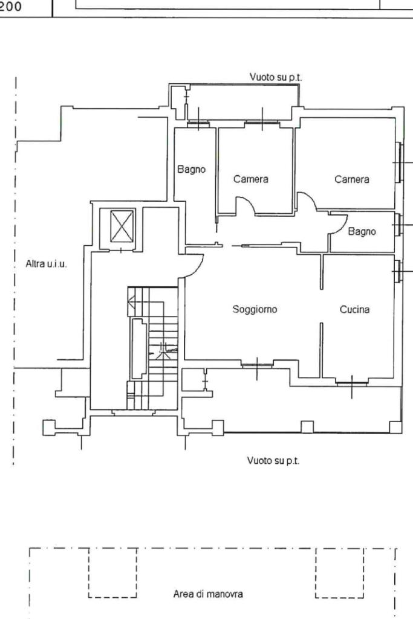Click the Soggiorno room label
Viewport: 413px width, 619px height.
(255, 309)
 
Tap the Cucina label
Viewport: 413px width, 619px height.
(354, 309)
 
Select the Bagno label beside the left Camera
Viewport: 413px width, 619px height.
(192, 170)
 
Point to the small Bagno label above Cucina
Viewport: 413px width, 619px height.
(362, 231)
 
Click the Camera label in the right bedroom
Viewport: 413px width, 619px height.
(352, 179)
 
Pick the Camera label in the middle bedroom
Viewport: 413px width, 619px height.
(250, 179)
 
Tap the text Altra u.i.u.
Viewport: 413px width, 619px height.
(46, 264)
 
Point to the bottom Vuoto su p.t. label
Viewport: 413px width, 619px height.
(273, 461)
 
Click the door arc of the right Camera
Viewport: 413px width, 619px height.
(307, 199)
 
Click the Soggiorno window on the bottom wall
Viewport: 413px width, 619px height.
(257, 364)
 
